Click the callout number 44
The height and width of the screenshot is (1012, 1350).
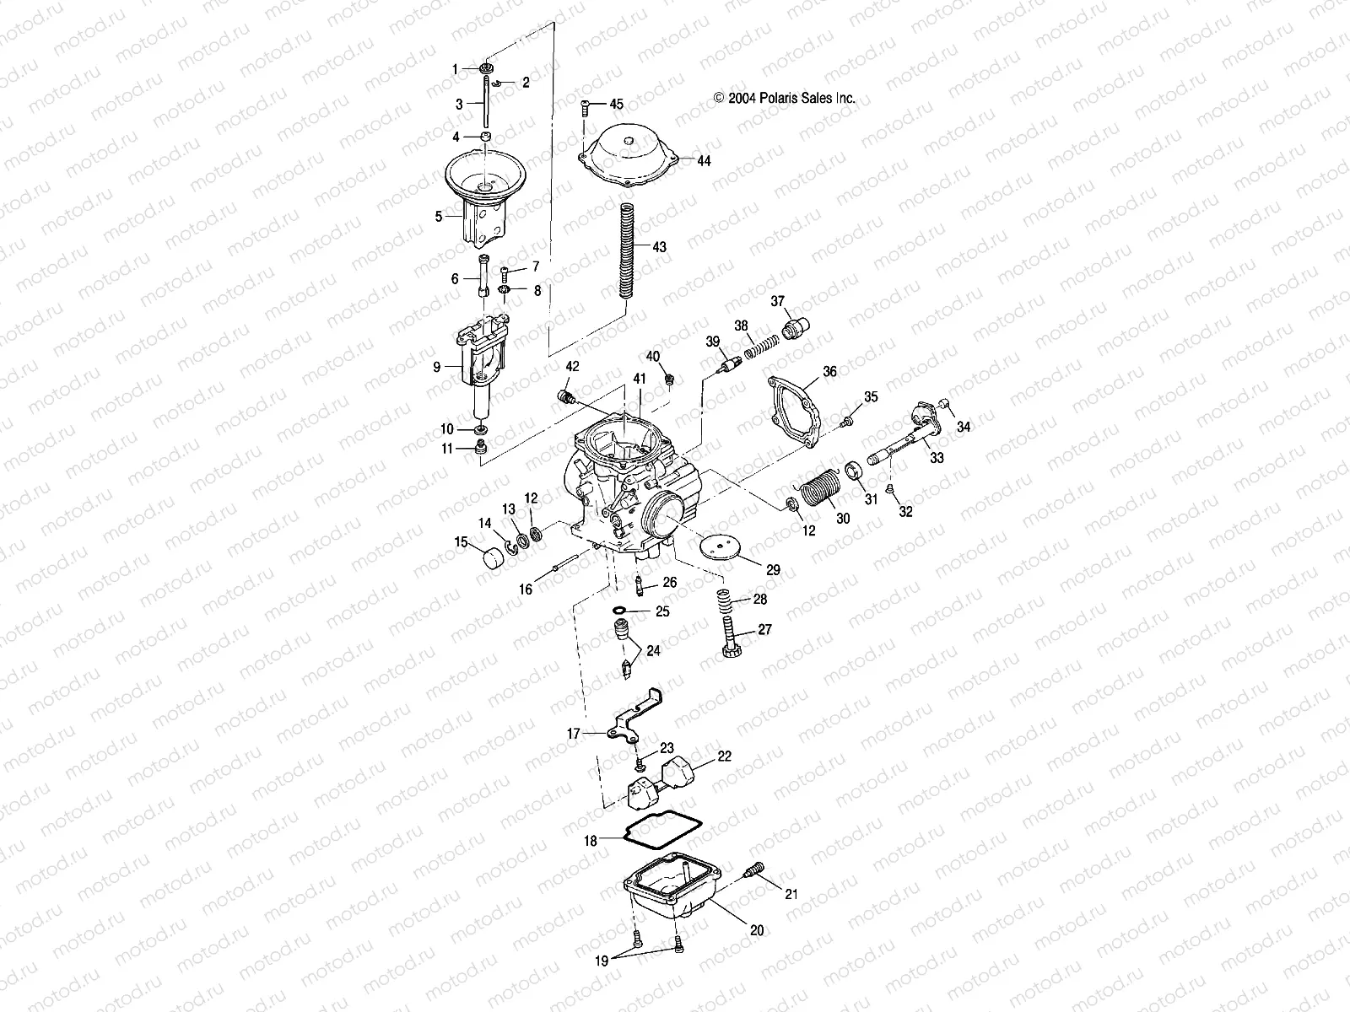(x=703, y=160)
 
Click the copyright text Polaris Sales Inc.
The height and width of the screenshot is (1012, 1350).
(x=785, y=98)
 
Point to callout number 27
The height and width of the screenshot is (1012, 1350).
(x=764, y=629)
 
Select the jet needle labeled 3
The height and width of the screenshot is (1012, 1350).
(x=487, y=102)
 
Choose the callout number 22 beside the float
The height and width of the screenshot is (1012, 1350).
(x=725, y=756)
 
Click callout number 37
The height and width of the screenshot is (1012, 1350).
(x=777, y=302)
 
